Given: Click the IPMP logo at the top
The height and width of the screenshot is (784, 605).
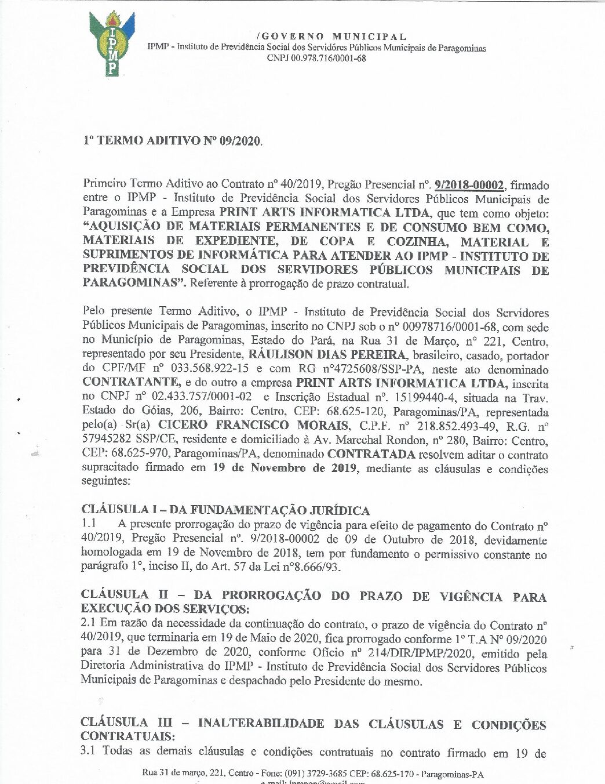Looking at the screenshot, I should pos(112,43).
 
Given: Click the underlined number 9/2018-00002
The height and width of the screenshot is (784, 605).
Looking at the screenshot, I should pos(469,185).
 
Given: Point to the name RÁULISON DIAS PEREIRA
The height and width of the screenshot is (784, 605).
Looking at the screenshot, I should pos(327,355).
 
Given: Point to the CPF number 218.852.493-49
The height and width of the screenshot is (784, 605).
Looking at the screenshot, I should pos(456,426).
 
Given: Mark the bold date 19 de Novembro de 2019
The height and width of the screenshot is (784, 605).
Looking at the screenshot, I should pos(285,468).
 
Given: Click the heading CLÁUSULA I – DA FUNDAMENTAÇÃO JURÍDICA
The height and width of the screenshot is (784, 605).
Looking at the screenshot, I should pos(225,510).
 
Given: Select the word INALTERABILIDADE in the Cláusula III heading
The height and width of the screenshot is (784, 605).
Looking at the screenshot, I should pos(261,723).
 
